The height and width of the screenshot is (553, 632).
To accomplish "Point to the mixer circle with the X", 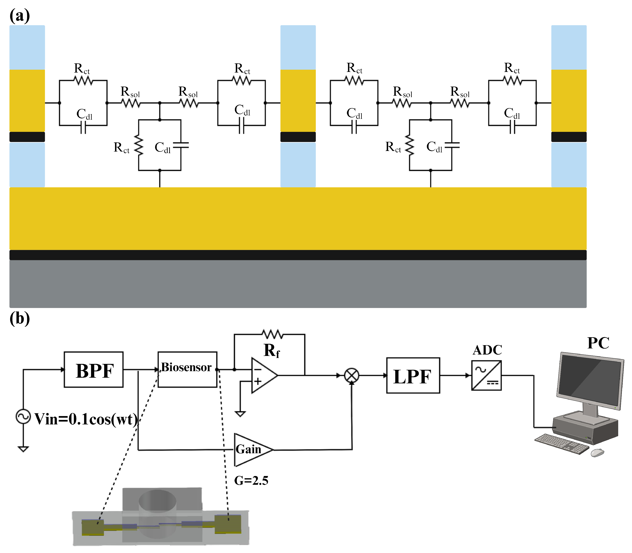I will coord(352,376).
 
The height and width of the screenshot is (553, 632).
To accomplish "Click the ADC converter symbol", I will coord(486,376).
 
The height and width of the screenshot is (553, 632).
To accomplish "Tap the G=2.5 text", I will coord(251,480).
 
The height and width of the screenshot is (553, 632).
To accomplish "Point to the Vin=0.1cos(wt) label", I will coord(86,419).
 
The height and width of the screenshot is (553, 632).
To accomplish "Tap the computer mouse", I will coord(597,453).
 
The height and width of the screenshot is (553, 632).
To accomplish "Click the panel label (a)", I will coord(20,15).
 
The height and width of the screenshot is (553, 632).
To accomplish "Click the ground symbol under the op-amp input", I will coord(240,414).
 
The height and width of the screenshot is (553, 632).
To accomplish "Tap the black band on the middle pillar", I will coord(298,137).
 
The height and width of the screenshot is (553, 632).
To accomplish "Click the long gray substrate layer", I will coord(298,284).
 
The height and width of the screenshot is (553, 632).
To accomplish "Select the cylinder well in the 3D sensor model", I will coord(157,509).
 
